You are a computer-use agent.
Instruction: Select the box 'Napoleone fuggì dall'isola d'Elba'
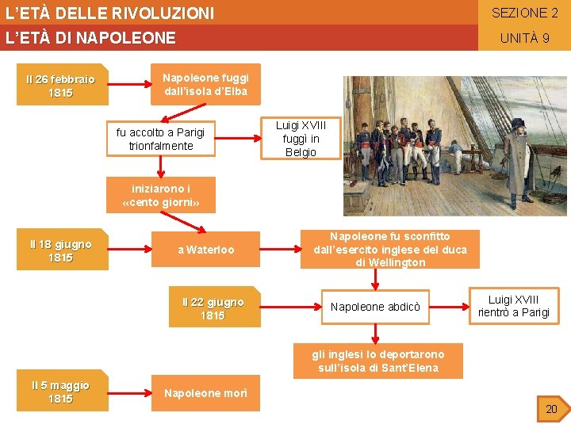(205, 84)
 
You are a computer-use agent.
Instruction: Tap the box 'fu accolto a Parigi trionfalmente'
(160, 139)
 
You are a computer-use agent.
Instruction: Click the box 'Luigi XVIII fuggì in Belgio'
(301, 139)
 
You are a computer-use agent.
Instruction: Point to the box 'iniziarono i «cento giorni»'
(161, 196)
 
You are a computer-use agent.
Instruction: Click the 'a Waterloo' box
(205, 250)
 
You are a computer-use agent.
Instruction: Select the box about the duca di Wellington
(390, 250)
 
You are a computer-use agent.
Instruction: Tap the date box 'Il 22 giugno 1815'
(213, 308)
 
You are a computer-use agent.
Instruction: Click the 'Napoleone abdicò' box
(381, 307)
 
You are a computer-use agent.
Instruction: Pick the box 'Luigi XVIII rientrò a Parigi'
(513, 306)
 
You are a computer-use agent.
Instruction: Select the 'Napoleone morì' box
(205, 393)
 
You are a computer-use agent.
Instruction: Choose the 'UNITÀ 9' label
(524, 38)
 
